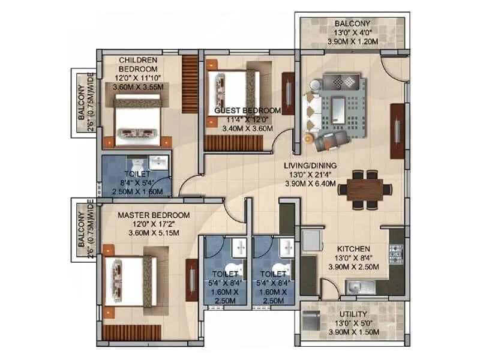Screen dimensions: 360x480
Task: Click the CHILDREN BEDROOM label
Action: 138,64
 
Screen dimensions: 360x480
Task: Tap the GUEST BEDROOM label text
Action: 248,111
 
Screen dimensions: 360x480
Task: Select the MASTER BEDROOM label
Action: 154,215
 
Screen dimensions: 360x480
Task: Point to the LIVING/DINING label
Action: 311,166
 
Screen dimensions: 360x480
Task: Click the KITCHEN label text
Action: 353,248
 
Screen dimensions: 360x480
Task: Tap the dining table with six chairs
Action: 364,190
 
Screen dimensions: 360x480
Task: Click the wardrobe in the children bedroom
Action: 190,83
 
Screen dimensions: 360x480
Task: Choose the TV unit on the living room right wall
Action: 397,131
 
